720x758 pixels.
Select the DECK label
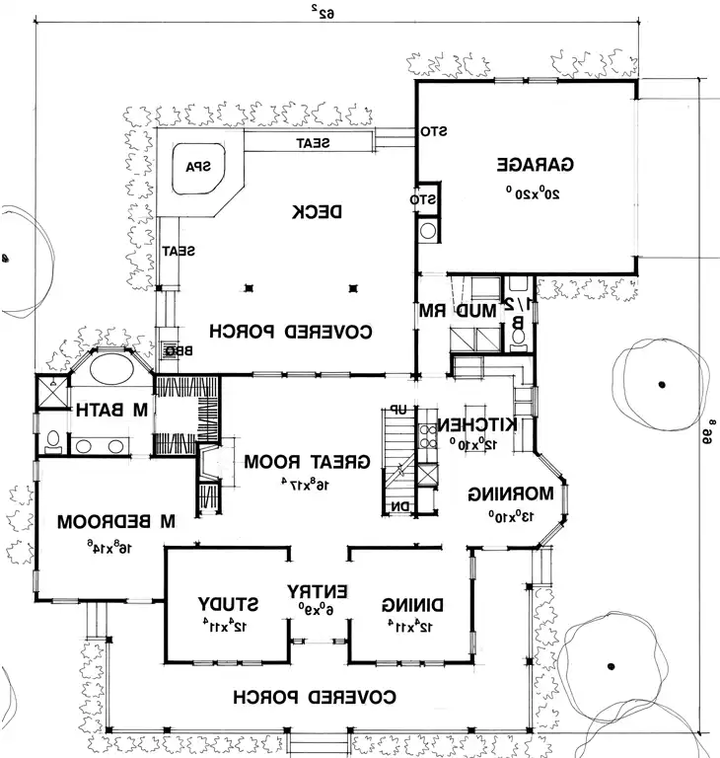pos(318,211)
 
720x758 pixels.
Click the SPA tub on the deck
pos(200,167)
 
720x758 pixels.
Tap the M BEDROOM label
pos(114,520)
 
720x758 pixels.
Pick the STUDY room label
pos(228,603)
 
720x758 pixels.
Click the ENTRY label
pos(318,591)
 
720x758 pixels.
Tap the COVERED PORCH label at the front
pos(315,697)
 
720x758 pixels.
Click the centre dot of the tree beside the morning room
pos(662,382)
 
